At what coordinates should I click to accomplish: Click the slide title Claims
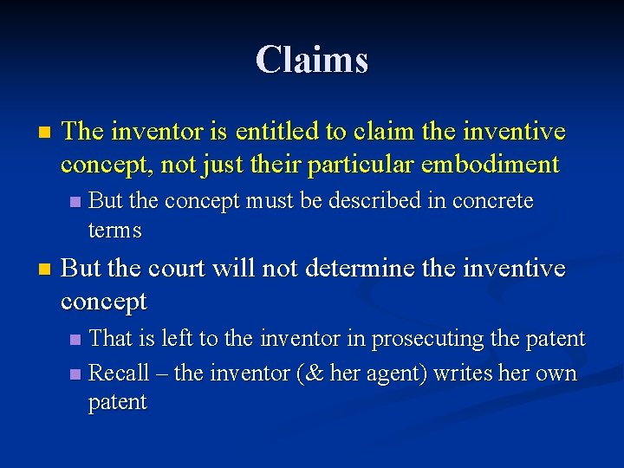312,60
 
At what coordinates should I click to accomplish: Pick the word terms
114,231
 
